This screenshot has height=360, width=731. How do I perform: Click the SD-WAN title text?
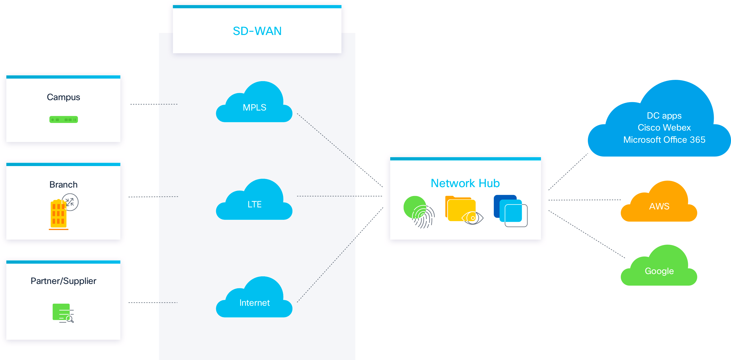click(x=257, y=31)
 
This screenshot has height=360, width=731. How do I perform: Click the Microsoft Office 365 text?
click(x=664, y=140)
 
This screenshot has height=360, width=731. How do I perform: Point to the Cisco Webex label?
click(x=664, y=128)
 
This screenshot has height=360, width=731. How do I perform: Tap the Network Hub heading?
click(x=465, y=183)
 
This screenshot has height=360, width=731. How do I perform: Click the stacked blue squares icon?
click(x=510, y=211)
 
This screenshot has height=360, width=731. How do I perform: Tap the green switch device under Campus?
click(x=64, y=119)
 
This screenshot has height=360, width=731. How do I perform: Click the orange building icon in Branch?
click(x=59, y=215)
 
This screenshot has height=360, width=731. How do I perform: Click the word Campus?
click(x=64, y=97)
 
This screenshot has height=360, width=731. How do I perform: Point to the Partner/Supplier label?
click(x=64, y=281)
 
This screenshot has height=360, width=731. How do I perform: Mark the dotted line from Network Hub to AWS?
click(x=585, y=200)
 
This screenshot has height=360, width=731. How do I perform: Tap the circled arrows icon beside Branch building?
click(x=70, y=202)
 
